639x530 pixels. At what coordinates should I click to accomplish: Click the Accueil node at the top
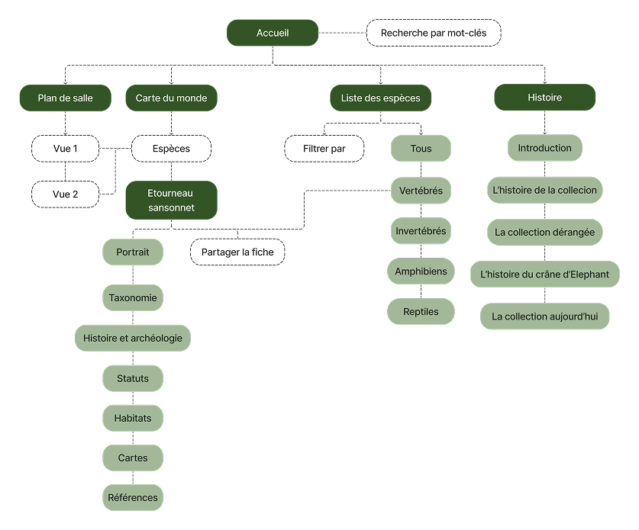(273, 33)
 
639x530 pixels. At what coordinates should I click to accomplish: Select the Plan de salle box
(65, 98)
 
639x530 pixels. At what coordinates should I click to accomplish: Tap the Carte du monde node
(171, 98)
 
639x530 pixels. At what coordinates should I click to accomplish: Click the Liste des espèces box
(380, 98)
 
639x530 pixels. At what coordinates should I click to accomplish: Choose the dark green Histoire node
(544, 98)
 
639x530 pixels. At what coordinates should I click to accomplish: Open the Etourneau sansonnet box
(171, 201)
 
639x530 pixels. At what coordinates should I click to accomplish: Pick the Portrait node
(133, 252)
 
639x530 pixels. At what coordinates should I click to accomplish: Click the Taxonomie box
(133, 297)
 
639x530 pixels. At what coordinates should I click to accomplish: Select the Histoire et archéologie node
(133, 338)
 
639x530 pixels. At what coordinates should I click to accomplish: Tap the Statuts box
(133, 378)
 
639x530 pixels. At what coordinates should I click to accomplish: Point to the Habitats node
(133, 418)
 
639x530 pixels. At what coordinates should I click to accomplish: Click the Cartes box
(133, 458)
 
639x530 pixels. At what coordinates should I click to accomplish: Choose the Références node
(133, 497)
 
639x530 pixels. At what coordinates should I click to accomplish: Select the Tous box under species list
(421, 149)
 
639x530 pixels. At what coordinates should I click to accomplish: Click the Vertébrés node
(421, 190)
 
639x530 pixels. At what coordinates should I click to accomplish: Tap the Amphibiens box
(421, 271)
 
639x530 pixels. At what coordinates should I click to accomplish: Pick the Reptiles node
(421, 311)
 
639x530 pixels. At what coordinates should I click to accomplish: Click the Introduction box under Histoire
(544, 148)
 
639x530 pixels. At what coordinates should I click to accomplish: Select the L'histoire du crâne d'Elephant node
(544, 274)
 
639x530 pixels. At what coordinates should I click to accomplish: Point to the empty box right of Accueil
(434, 33)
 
